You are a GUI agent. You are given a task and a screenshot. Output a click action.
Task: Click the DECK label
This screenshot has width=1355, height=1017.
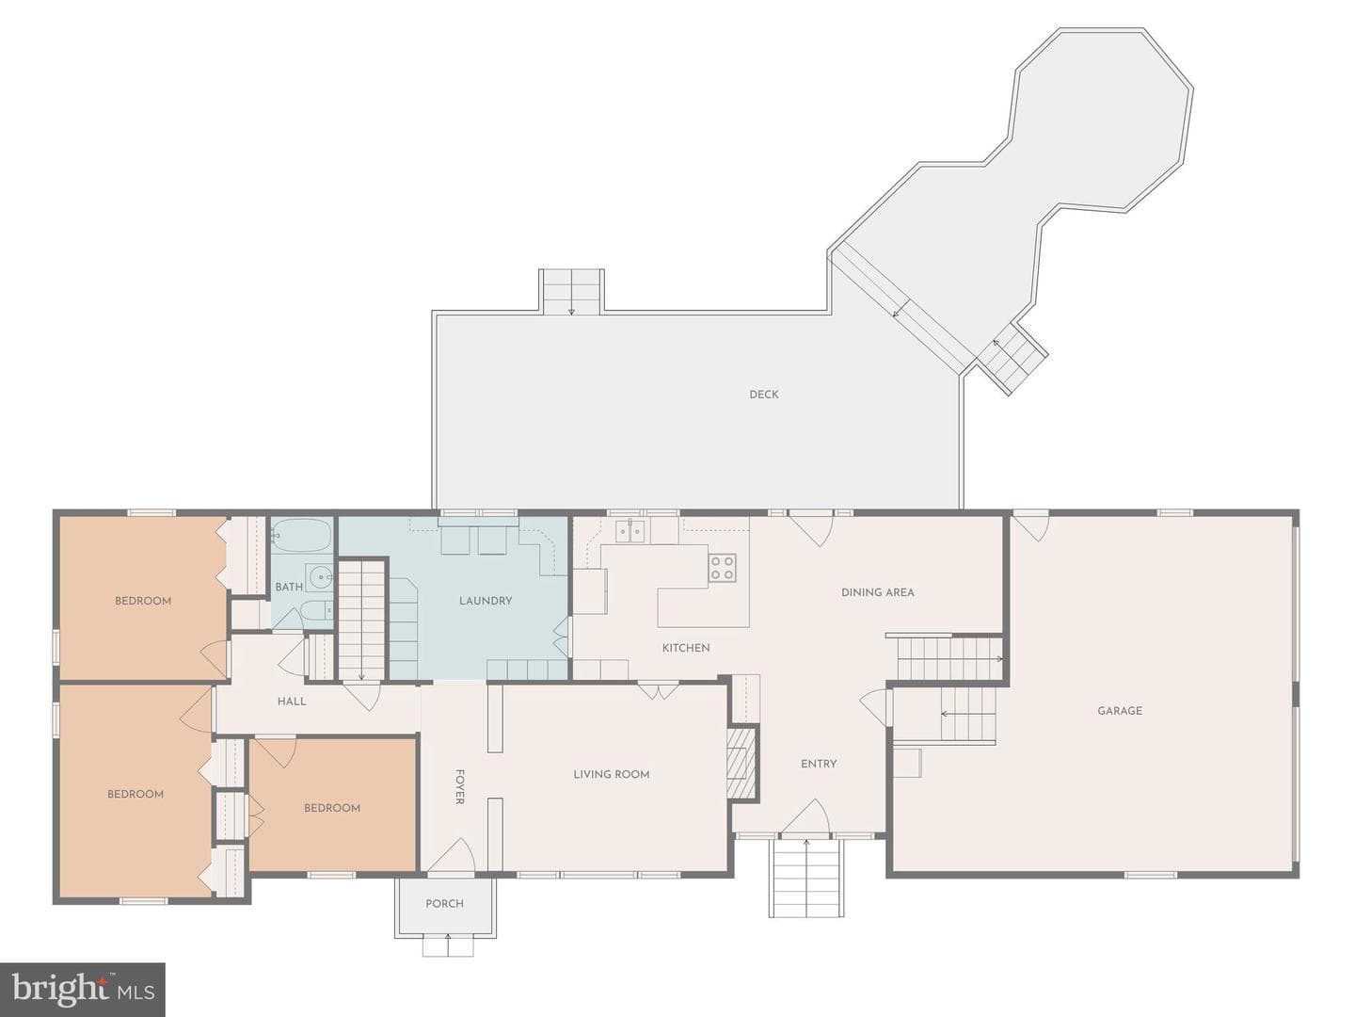pos(764,395)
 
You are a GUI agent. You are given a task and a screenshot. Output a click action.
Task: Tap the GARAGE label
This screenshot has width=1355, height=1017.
pos(1120,711)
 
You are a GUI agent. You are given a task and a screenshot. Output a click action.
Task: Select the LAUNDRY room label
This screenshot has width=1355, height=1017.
pos(486,601)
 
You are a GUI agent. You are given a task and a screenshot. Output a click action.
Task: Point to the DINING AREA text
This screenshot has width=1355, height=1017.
pos(878,593)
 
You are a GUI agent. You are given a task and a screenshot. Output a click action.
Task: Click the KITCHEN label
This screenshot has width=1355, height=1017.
pos(686,648)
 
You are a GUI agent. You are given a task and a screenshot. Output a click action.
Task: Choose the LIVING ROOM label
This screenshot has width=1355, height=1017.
pos(611,774)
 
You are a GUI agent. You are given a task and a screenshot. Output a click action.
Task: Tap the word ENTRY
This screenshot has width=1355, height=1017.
pos(819,764)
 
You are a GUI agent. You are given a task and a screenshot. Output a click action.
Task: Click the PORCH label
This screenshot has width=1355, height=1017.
pos(444,903)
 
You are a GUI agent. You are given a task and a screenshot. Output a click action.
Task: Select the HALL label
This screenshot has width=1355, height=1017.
pos(292,702)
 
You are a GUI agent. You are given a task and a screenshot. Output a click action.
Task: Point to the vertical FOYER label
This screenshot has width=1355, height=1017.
pos(459,786)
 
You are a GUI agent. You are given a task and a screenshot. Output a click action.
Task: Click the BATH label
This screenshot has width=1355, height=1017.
pos(289,587)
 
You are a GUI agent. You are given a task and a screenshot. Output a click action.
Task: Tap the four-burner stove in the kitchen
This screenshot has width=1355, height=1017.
pos(723,568)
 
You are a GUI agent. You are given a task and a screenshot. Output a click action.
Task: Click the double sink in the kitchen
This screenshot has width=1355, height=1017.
pos(630,530)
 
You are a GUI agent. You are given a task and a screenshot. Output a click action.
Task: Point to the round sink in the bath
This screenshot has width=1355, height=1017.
pos(321,578)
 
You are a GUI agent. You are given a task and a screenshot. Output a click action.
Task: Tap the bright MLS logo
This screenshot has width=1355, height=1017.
pos(83,989)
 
